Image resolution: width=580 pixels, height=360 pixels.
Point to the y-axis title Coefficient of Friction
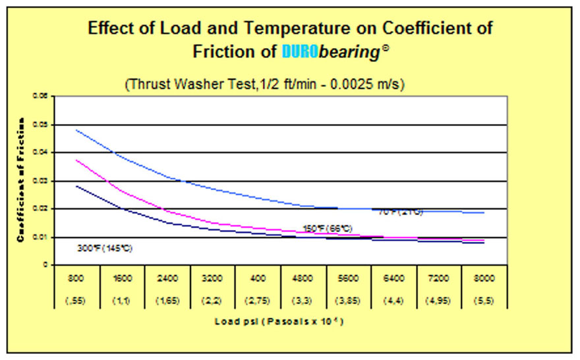click(x=21, y=179)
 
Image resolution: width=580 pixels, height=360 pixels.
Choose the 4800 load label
click(x=303, y=278)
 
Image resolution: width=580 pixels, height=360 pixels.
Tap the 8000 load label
click(x=484, y=278)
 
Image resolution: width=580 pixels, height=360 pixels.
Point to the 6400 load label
click(x=393, y=278)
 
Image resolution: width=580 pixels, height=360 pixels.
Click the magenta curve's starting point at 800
click(x=77, y=160)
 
